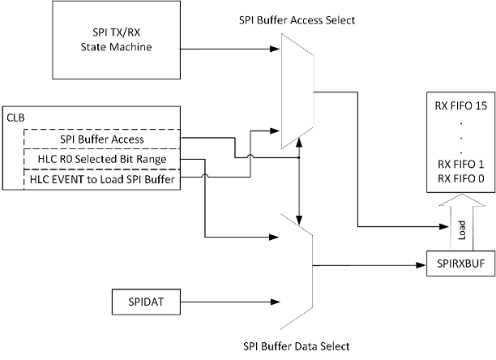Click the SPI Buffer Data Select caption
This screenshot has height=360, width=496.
pyautogui.click(x=297, y=347)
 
